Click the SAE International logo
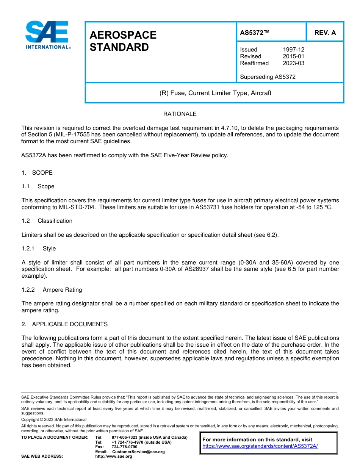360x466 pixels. point(47,35)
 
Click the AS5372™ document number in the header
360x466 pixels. point(255,33)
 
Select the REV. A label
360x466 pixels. point(325,33)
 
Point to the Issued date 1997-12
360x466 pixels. point(293,50)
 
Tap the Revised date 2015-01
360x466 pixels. point(293,56)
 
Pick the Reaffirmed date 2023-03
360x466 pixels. point(293,63)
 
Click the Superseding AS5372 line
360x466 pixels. point(268,77)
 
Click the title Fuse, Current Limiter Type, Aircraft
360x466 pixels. point(215,93)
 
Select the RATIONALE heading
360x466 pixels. point(180,114)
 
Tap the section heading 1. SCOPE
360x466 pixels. point(37,173)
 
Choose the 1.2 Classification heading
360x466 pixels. point(47,221)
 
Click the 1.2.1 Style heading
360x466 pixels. point(39,249)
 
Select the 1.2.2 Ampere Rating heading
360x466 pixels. point(52,290)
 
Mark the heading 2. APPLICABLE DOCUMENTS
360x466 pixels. point(64,324)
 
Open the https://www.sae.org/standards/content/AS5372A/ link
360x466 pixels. point(260,446)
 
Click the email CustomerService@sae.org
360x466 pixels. point(138,452)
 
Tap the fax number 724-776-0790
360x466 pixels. point(125,447)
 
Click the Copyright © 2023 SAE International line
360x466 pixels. point(54,419)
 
